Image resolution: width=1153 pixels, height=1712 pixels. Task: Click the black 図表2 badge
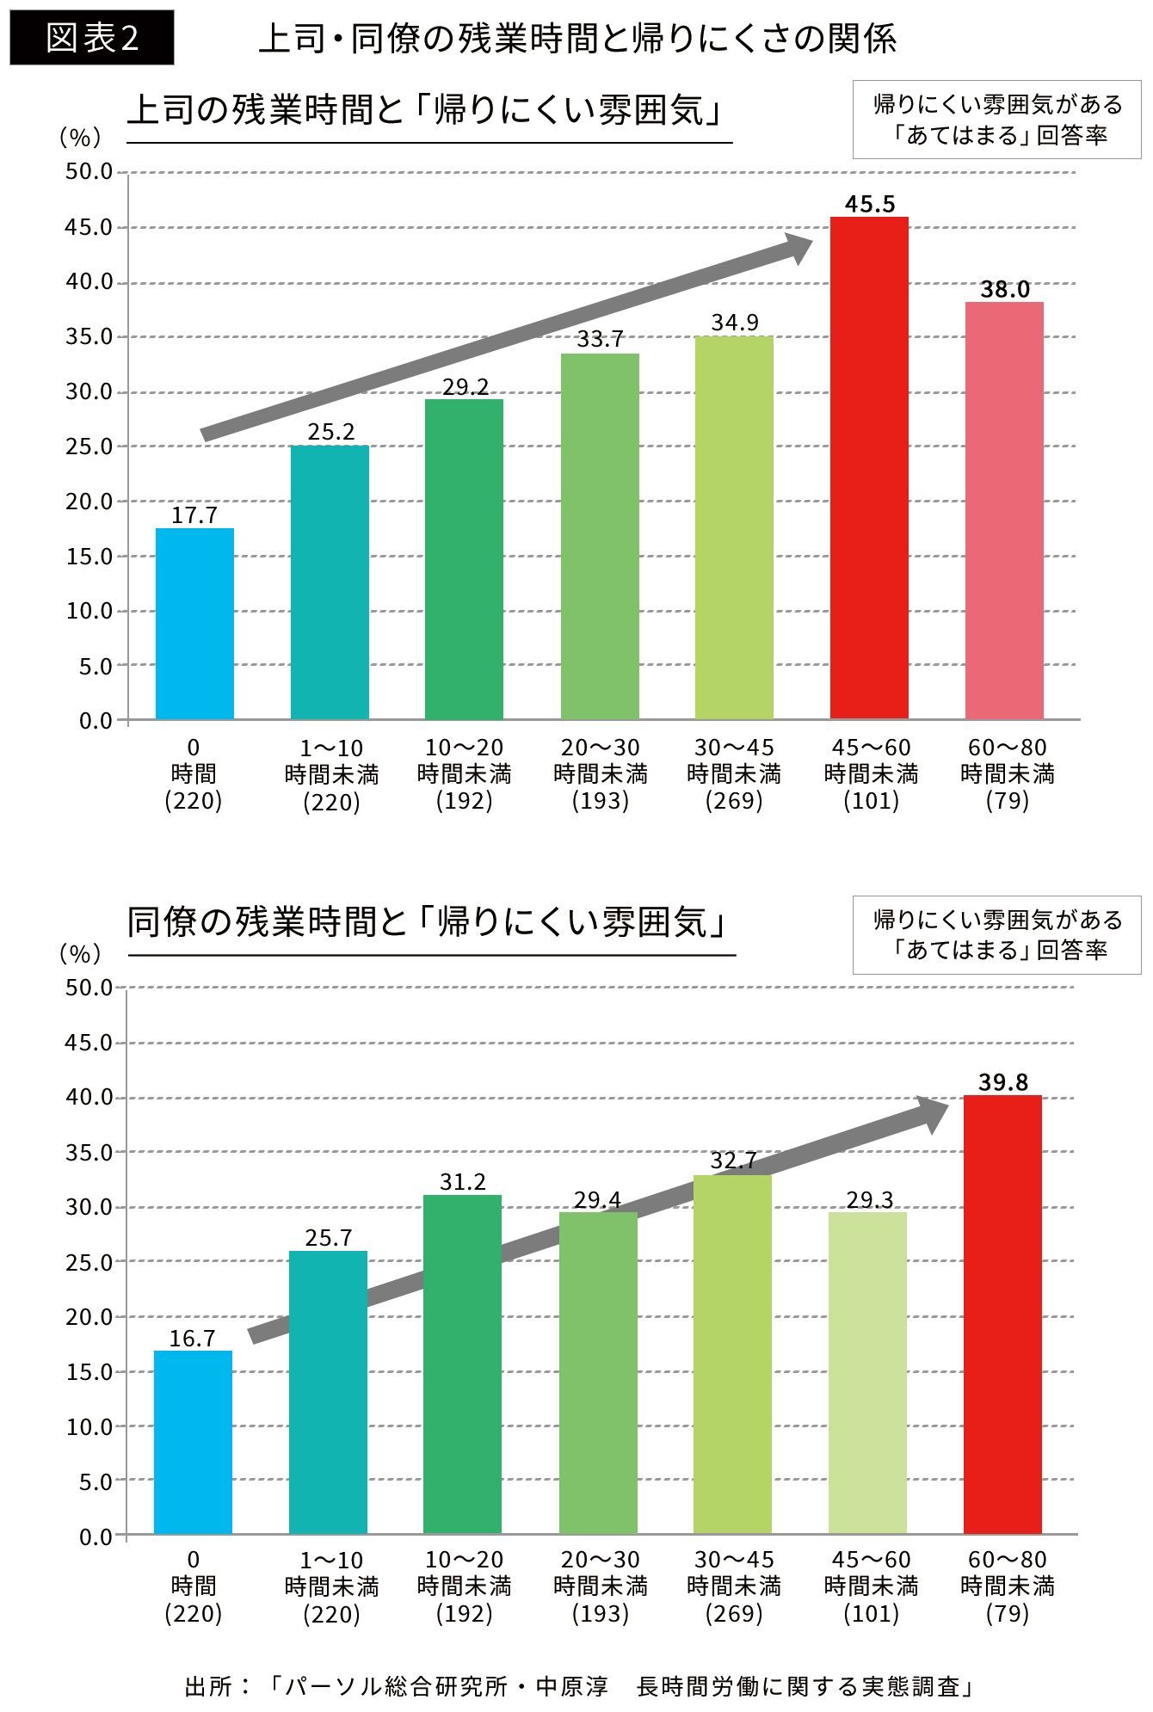92,38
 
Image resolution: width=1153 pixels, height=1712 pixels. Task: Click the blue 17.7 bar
194,624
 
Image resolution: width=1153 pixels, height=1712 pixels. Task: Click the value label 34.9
734,323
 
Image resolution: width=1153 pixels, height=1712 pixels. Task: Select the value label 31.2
463,1182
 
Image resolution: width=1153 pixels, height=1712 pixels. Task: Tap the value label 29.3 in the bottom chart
869,1199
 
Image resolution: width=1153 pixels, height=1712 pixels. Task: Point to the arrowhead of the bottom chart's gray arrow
934,1114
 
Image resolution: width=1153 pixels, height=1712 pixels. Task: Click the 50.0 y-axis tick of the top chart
89,172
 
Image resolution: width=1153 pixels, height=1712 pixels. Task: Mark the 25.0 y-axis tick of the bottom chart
89,1262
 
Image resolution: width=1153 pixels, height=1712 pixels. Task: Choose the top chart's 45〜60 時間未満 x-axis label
871,761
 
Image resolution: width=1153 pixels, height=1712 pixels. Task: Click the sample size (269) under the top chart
734,801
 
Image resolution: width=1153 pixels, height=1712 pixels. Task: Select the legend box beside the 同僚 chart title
997,935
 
